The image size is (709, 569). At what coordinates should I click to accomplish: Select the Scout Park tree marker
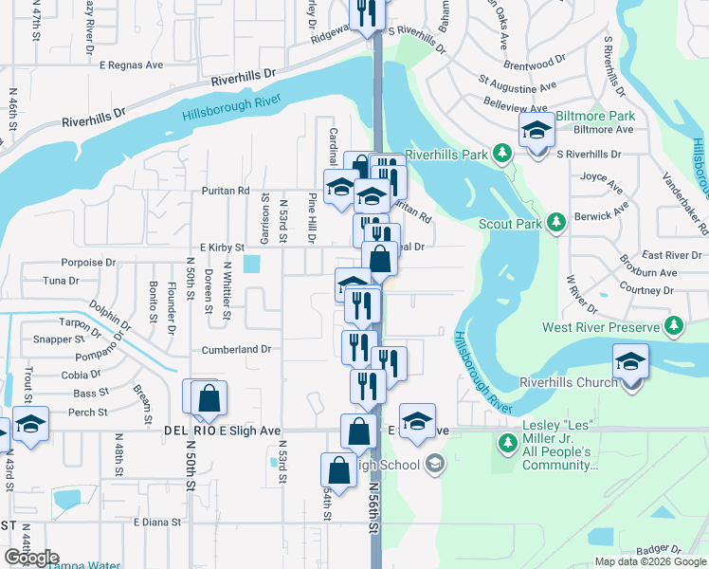coord(557,223)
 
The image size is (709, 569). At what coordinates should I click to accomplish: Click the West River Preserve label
coord(600,327)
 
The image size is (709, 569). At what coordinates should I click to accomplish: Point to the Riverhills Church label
coord(566,383)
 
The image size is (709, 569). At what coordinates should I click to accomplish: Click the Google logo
coord(30,558)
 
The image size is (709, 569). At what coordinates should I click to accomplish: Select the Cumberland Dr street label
coord(236,350)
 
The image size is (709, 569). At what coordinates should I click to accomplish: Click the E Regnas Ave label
coord(131,65)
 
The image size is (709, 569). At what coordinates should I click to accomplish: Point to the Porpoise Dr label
coord(87,262)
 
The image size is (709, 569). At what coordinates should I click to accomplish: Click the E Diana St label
coord(157,522)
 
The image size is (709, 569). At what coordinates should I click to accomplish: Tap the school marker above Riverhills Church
coord(630,361)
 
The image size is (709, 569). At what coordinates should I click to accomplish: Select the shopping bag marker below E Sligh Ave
coord(338,470)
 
